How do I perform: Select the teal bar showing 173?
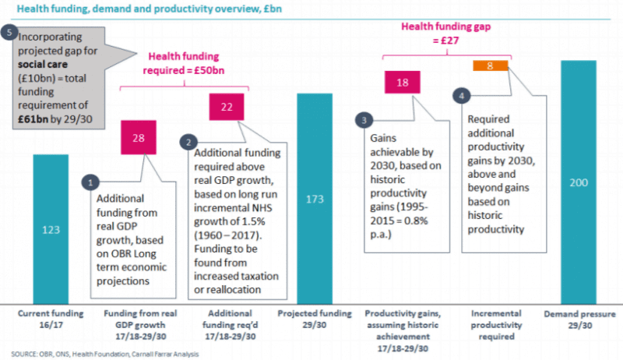[315, 199]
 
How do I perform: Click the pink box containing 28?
[139, 138]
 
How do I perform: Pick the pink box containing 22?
[227, 106]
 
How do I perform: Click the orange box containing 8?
[490, 66]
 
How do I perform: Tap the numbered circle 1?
[91, 182]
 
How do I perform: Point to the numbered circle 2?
[188, 143]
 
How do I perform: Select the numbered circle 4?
[462, 95]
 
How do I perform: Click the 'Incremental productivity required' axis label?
[490, 324]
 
